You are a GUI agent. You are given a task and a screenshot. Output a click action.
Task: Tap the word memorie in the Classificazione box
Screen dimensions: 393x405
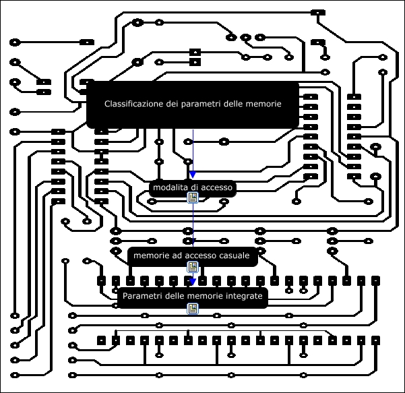tap(263, 104)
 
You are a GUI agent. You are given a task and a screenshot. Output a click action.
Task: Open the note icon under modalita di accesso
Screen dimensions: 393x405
tap(193, 198)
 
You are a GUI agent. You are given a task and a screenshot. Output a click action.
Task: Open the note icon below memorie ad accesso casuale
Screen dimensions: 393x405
tap(193, 267)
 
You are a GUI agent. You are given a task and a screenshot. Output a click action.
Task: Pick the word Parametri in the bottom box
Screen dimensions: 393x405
tap(144, 296)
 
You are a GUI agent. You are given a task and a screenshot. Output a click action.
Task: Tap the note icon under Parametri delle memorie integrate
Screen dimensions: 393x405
tap(193, 308)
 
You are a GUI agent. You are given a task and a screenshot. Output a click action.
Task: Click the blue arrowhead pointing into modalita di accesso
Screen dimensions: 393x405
tap(193, 175)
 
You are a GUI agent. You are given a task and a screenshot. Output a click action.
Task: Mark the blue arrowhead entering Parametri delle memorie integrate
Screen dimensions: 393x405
tap(193, 282)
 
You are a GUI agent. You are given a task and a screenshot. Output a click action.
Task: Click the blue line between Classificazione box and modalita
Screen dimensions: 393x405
tap(193, 152)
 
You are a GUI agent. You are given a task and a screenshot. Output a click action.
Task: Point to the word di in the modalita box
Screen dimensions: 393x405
tap(193, 187)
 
